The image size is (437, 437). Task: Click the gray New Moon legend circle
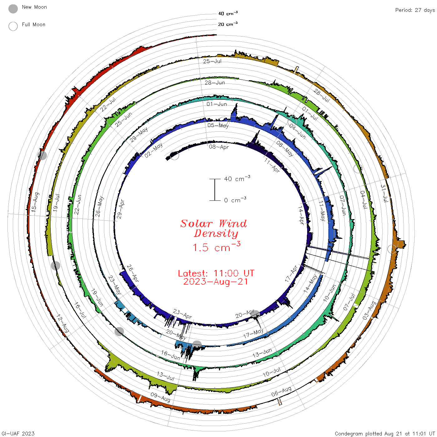coord(13,9)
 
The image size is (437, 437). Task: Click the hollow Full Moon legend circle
coord(13,26)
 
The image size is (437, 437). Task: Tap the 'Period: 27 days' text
coord(415,10)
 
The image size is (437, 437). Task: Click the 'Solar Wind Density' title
coord(214,228)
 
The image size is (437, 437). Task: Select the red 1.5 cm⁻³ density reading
coord(216,247)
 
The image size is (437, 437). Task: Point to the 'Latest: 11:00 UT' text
coord(216,273)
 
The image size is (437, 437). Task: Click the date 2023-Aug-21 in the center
coord(216,282)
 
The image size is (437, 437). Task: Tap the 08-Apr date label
coord(219,147)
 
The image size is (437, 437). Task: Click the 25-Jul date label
coord(212,61)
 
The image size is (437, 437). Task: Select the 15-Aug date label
coord(35,202)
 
